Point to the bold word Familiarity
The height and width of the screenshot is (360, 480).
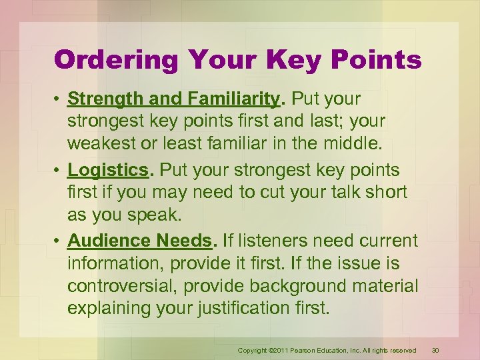tap(233, 99)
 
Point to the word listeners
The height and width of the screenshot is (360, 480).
tap(279, 240)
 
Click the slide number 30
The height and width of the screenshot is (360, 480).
tap(435, 350)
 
